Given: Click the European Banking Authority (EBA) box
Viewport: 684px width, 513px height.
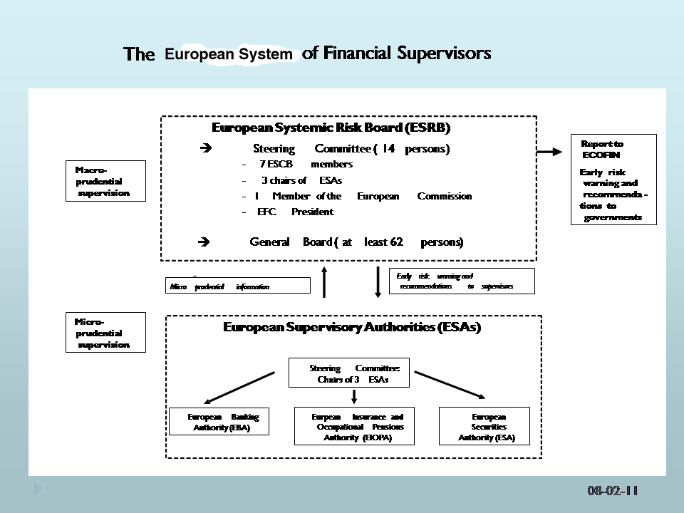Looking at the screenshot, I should pyautogui.click(x=219, y=422).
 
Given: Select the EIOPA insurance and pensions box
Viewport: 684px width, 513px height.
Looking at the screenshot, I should pyautogui.click(x=354, y=426).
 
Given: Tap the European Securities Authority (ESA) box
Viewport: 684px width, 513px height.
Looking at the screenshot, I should pyautogui.click(x=484, y=426).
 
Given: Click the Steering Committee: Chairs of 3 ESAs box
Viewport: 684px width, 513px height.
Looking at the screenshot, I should pyautogui.click(x=349, y=373).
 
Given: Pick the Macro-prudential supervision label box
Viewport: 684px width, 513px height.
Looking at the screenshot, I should pyautogui.click(x=105, y=181).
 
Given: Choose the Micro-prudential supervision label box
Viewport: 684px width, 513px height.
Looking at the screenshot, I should pyautogui.click(x=105, y=333).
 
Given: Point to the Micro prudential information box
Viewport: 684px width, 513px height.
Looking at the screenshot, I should pyautogui.click(x=238, y=286).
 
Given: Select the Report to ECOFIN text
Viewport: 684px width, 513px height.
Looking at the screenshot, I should pyautogui.click(x=602, y=149).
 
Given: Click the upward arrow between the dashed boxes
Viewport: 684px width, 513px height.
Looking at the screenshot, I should pyautogui.click(x=324, y=281).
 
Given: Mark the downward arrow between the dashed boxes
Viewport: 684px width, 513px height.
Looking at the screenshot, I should pyautogui.click(x=378, y=281).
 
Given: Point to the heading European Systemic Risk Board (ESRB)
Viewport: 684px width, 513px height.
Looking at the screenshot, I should pyautogui.click(x=331, y=128).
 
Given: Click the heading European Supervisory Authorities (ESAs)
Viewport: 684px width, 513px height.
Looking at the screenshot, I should pyautogui.click(x=352, y=327).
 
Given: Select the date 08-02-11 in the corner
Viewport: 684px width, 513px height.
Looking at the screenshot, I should pyautogui.click(x=613, y=491).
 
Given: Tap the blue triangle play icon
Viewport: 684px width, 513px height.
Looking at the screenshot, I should pyautogui.click(x=38, y=489).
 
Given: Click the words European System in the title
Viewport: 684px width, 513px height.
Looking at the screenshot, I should pyautogui.click(x=229, y=54).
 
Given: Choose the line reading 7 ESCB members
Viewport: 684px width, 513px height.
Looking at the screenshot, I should pyautogui.click(x=306, y=165).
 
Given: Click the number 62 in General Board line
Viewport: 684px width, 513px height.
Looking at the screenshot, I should pyautogui.click(x=397, y=242).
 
